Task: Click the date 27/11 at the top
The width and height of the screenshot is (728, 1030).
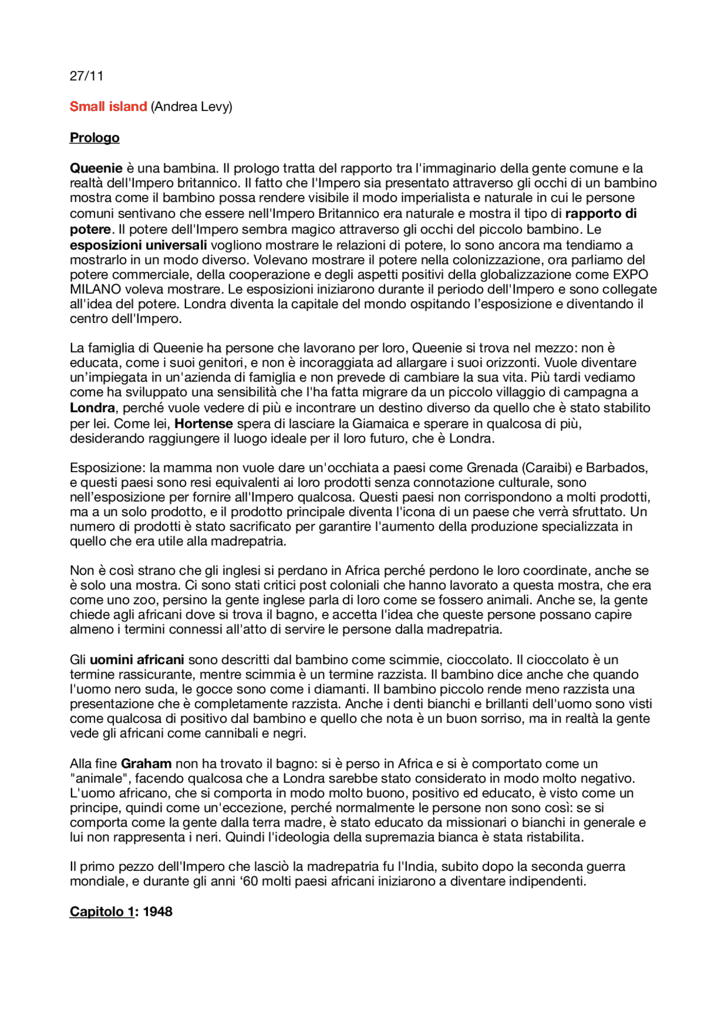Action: point(86,76)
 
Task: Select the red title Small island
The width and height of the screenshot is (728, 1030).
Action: point(108,107)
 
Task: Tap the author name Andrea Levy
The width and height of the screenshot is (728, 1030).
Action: point(192,107)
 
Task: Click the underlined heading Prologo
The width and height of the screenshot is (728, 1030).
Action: point(94,138)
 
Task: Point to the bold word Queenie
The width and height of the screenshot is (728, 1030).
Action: point(96,168)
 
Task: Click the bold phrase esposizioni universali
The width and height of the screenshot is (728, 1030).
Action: point(138,245)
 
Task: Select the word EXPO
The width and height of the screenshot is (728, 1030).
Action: point(630,275)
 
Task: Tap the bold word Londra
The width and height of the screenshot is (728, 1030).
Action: point(92,408)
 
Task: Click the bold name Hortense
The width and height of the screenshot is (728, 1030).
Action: point(204,424)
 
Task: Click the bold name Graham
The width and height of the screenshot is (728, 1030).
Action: point(146,764)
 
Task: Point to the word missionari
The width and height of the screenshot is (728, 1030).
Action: point(503,823)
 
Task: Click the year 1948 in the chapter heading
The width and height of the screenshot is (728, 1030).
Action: point(158,912)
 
